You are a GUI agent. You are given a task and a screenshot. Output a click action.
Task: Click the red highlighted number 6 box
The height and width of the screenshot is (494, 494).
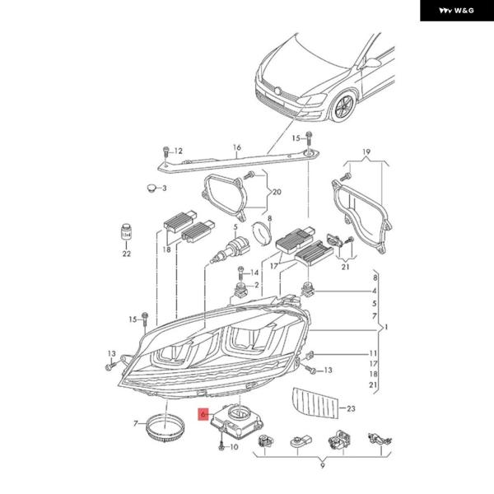coord(203,417)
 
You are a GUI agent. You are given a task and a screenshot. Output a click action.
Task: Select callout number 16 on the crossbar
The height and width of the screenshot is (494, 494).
coord(236,148)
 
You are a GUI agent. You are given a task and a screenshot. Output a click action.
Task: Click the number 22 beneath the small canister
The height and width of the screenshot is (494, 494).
coord(126,254)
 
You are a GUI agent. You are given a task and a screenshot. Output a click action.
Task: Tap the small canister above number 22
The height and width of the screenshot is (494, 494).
coord(127,234)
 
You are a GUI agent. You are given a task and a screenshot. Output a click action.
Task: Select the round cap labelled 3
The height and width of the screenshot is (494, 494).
coord(151,189)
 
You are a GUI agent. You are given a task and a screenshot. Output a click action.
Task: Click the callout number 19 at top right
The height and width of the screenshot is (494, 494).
coord(367,151)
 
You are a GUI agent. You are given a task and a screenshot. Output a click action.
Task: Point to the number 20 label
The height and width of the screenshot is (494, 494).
coord(277,192)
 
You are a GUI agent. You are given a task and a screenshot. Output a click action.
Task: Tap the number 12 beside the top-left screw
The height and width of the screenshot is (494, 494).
coord(178,151)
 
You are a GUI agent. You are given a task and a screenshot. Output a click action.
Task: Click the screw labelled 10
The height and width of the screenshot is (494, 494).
coord(222,445)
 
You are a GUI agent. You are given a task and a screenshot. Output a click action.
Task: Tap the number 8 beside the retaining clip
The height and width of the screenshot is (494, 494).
coord(268,217)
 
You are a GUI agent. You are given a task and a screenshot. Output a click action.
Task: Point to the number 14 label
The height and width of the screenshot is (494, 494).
coord(254,273)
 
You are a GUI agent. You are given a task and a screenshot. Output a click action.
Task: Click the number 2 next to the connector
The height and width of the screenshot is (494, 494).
coord(257,286)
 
